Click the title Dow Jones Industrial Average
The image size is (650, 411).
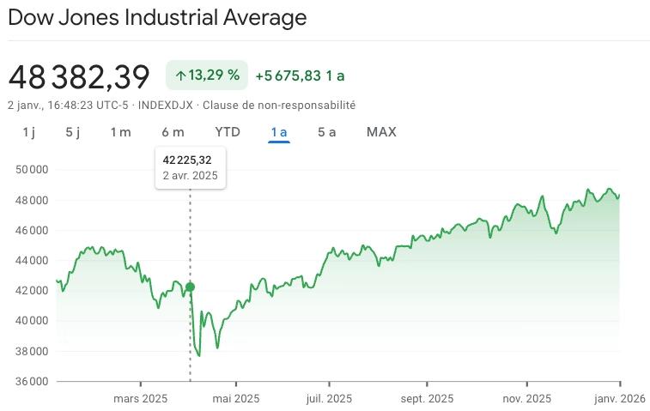pyautogui.click(x=157, y=17)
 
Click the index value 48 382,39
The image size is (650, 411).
pyautogui.click(x=79, y=76)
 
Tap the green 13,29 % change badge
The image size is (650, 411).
pyautogui.click(x=207, y=76)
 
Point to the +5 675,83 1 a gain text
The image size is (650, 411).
pyautogui.click(x=300, y=76)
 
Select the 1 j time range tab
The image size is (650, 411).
pyautogui.click(x=29, y=132)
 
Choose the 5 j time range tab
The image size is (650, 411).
pyautogui.click(x=72, y=132)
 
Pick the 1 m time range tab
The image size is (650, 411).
pyautogui.click(x=120, y=132)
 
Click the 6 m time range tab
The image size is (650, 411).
pyautogui.click(x=173, y=132)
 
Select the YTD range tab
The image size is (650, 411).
pyautogui.click(x=228, y=132)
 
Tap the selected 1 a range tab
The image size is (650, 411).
pyautogui.click(x=278, y=132)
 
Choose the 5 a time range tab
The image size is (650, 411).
pyautogui.click(x=327, y=132)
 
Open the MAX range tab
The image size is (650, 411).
pyautogui.click(x=381, y=132)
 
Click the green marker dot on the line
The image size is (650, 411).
pyautogui.click(x=190, y=287)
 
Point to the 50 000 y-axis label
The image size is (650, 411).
pyautogui.click(x=31, y=170)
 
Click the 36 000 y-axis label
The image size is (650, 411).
pyautogui.click(x=31, y=381)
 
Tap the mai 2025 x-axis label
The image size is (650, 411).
pyautogui.click(x=235, y=398)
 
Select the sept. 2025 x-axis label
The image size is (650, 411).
pyautogui.click(x=428, y=398)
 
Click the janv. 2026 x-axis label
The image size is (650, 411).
pyautogui.click(x=620, y=398)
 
